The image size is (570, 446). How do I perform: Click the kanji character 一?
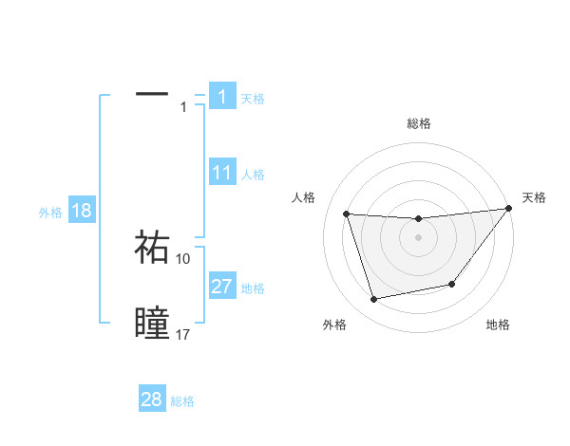pyautogui.click(x=152, y=95)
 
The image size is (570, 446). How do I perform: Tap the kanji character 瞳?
pyautogui.click(x=152, y=324)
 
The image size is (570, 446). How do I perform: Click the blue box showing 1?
pyautogui.click(x=222, y=96)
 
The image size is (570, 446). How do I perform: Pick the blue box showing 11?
pyautogui.click(x=222, y=173)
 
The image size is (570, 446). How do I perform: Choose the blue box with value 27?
pyautogui.click(x=222, y=287)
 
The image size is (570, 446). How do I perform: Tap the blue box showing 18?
pyautogui.click(x=82, y=211)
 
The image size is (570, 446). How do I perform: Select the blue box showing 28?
pyautogui.click(x=152, y=400)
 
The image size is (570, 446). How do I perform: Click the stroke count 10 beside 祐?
pyautogui.click(x=183, y=258)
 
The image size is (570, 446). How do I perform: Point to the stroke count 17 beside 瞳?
pyautogui.click(x=183, y=335)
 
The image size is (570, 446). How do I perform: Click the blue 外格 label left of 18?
pyautogui.click(x=50, y=213)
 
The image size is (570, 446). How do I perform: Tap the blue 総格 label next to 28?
pyautogui.click(x=182, y=401)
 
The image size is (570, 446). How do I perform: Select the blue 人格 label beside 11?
pyautogui.click(x=253, y=175)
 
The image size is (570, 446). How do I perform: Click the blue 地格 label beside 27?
pyautogui.click(x=253, y=288)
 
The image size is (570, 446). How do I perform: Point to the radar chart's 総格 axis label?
pyautogui.click(x=419, y=123)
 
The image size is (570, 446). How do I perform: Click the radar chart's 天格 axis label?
pyautogui.click(x=535, y=197)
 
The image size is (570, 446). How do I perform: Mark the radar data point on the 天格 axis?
pyautogui.click(x=507, y=209)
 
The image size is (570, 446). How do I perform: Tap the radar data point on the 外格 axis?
pyautogui.click(x=374, y=299)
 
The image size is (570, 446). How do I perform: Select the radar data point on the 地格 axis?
pyautogui.click(x=452, y=284)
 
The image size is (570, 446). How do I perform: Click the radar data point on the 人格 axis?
pyautogui.click(x=347, y=214)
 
